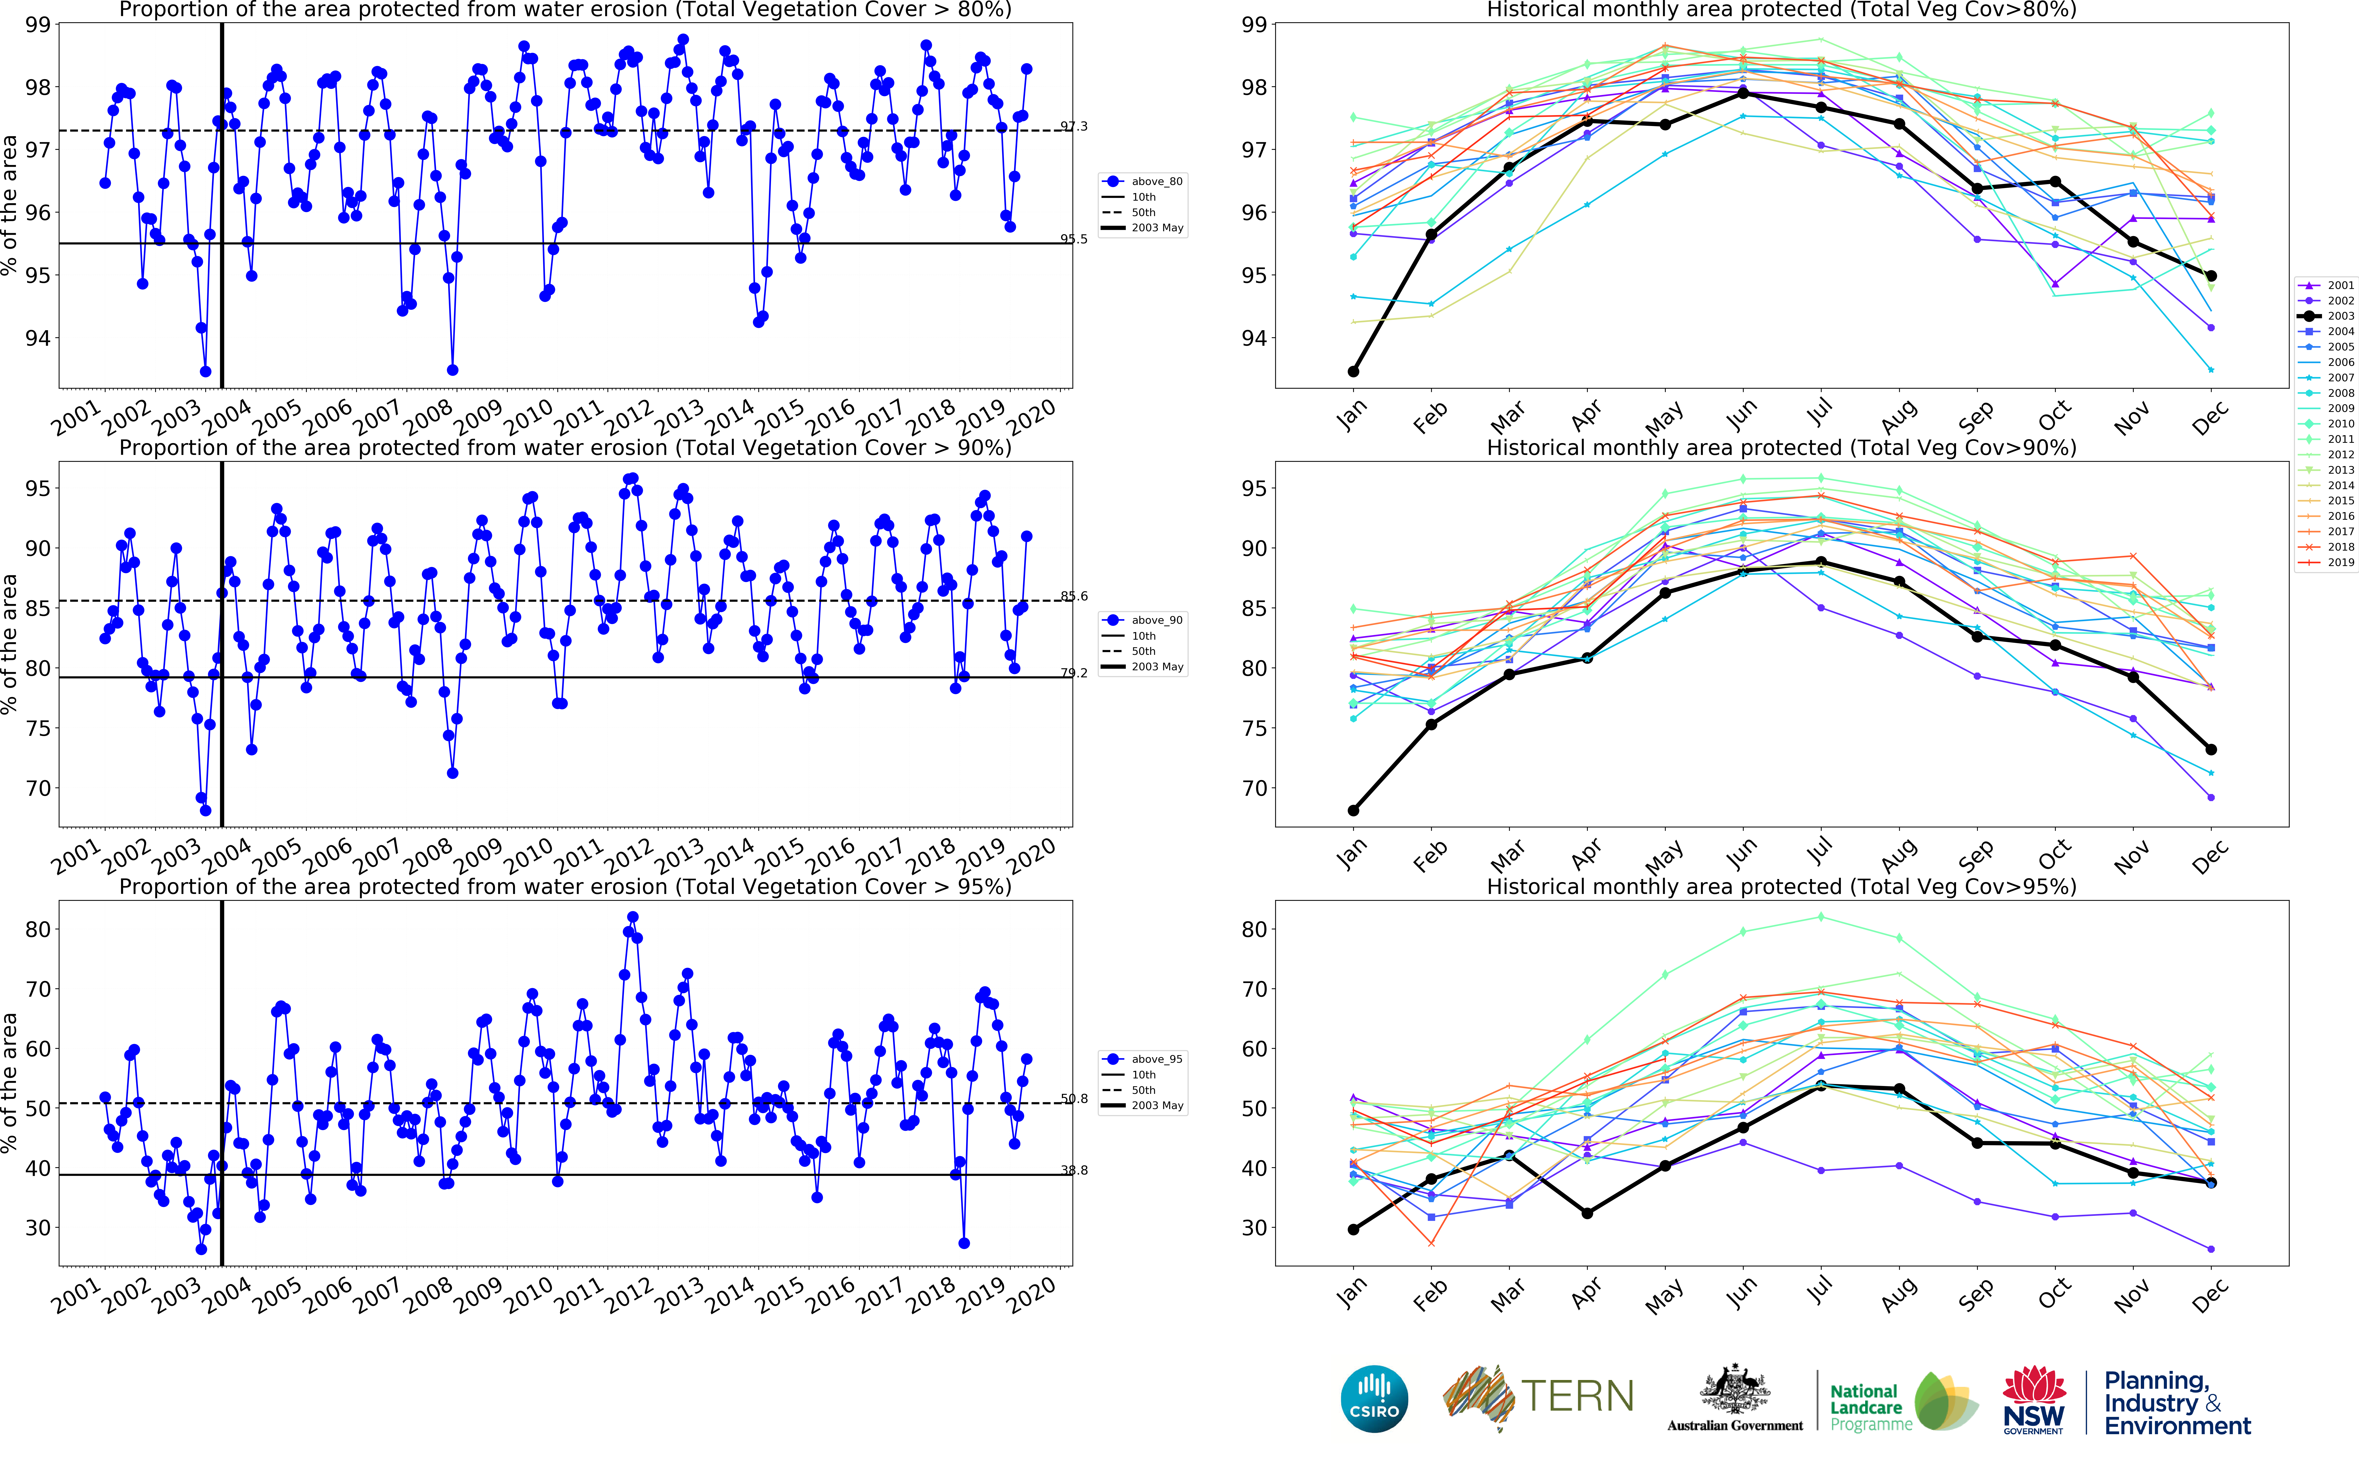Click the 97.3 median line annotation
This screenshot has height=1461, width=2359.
coord(1074,127)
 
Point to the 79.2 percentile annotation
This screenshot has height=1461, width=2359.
coord(1074,674)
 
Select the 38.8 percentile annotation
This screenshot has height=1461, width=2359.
coord(1074,1170)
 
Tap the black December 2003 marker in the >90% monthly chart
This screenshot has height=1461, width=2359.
coord(2211,750)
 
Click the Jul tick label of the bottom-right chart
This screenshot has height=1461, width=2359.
coord(1819,1290)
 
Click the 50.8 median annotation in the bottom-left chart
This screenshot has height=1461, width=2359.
coord(1074,1099)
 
